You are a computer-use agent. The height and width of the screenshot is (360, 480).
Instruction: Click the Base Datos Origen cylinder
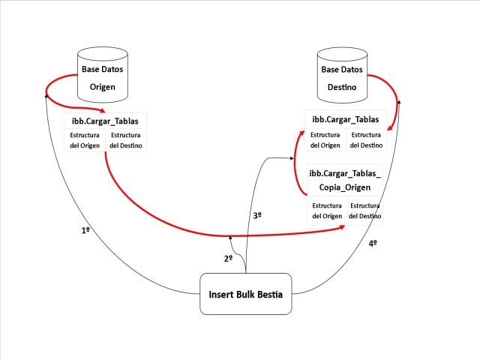pyautogui.click(x=102, y=78)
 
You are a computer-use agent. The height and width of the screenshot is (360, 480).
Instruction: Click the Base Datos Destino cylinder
pyautogui.click(x=342, y=78)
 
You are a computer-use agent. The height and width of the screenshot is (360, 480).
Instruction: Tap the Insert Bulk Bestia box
pyautogui.click(x=245, y=294)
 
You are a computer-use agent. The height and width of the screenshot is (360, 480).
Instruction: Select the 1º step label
pyautogui.click(x=85, y=230)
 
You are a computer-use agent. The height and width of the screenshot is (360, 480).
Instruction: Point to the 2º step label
pyautogui.click(x=228, y=258)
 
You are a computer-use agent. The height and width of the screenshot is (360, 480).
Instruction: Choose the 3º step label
pyautogui.click(x=256, y=215)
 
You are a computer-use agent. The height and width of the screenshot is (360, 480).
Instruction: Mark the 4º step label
pyautogui.click(x=373, y=243)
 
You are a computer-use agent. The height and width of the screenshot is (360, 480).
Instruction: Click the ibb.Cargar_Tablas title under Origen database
pyautogui.click(x=105, y=120)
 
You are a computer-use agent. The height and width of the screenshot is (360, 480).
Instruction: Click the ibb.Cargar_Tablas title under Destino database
pyautogui.click(x=345, y=119)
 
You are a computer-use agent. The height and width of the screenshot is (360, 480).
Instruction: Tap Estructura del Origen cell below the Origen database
pyautogui.click(x=85, y=140)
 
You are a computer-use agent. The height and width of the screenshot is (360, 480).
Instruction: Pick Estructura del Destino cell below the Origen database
pyautogui.click(x=125, y=140)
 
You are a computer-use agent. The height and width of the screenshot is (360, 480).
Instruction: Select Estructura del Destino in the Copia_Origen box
pyautogui.click(x=364, y=210)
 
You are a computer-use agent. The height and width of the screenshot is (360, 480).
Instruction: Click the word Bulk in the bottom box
pyautogui.click(x=244, y=294)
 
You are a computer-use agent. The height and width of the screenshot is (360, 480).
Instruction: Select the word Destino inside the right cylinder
pyautogui.click(x=342, y=87)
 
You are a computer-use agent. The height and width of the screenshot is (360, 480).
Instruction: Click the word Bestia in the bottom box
pyautogui.click(x=271, y=294)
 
